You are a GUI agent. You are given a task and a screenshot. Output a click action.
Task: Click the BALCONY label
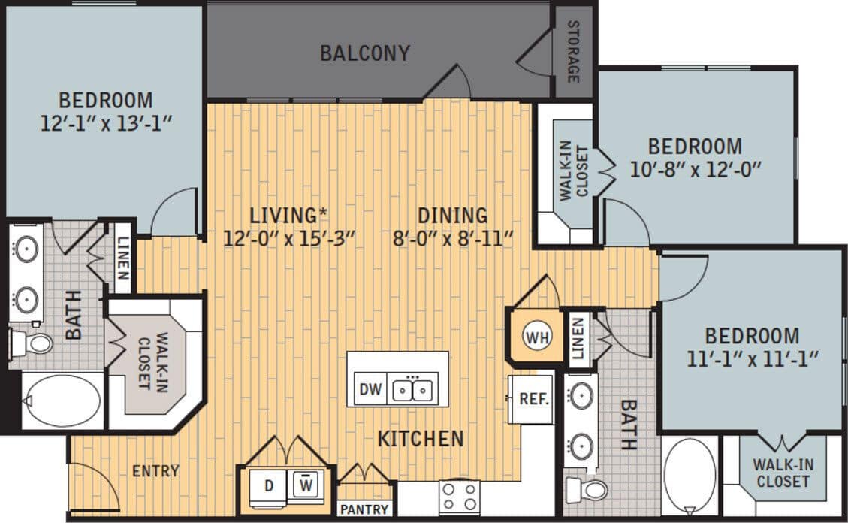[365, 53]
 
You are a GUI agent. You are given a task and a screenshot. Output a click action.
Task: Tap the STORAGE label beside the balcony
[573, 51]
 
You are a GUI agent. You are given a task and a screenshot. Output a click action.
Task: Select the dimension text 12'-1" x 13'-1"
[106, 122]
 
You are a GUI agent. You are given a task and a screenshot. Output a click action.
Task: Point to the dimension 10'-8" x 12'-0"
[695, 168]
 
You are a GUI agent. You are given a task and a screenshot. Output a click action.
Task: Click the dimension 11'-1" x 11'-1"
[751, 358]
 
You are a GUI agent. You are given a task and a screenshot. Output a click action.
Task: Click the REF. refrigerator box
[534, 399]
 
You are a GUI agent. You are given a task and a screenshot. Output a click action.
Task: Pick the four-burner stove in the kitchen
[459, 497]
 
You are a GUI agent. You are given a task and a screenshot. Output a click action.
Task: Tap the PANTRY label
[364, 509]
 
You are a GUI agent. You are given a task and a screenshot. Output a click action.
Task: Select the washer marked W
[305, 485]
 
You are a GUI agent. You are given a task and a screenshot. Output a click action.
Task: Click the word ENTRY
[155, 471]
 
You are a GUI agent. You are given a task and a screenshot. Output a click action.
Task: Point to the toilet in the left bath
[32, 344]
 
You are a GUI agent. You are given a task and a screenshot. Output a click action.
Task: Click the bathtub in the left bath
[63, 401]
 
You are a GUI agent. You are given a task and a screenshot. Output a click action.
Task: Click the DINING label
[453, 216]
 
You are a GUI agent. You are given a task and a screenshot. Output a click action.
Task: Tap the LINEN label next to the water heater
[577, 339]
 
